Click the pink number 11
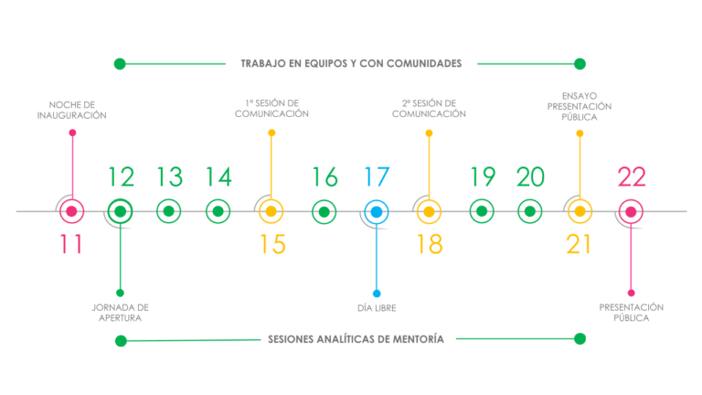coord(71,244)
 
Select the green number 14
coord(218,176)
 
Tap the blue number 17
coord(377,176)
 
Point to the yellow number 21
coord(579,244)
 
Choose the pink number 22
coord(632,176)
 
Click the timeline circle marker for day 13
coord(169,211)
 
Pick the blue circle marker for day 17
coord(377,212)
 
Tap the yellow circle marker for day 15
coord(271,211)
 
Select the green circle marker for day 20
coord(529,211)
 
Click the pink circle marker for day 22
coord(631,212)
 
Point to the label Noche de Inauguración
coord(71,110)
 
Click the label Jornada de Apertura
coord(120,313)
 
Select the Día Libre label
coord(377,308)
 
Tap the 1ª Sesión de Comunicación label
coord(271,109)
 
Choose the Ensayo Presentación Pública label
coord(580,107)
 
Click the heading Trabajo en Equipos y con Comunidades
coord(351,64)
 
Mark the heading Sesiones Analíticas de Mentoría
coord(356,339)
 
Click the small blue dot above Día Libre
coord(377,294)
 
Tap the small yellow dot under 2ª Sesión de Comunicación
coord(429,133)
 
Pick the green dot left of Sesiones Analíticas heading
coord(121,341)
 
